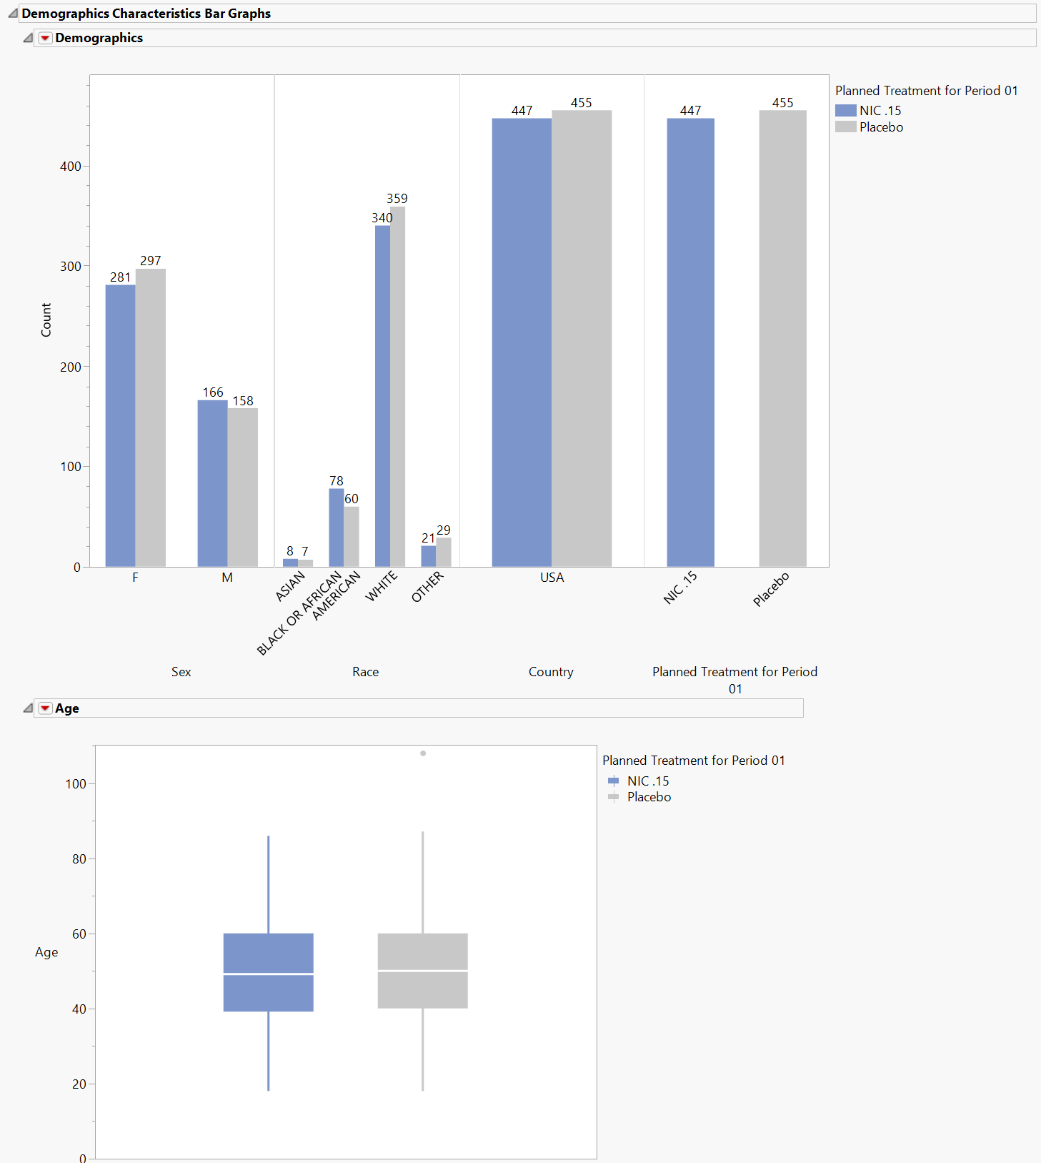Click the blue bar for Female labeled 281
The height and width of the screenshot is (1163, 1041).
click(x=120, y=425)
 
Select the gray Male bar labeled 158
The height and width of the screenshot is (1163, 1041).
click(x=243, y=488)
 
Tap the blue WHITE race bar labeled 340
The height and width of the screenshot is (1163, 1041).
click(x=382, y=396)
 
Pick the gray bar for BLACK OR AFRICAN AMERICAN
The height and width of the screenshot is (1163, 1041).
click(x=352, y=536)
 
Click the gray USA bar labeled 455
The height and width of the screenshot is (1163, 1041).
click(x=582, y=338)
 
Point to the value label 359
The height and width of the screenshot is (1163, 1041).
click(x=397, y=199)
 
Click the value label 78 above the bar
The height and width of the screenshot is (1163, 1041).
click(x=337, y=481)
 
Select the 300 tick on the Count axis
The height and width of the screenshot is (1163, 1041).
click(x=71, y=267)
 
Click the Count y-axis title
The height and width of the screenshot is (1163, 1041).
click(x=46, y=320)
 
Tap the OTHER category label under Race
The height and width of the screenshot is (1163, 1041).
click(x=427, y=587)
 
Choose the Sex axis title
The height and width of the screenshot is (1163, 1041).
click(x=181, y=672)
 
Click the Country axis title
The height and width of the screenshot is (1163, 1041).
click(x=551, y=672)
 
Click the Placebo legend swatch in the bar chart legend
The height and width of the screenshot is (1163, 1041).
click(x=846, y=127)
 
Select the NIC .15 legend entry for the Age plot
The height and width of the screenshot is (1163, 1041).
click(x=648, y=781)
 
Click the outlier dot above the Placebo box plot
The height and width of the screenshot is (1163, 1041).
click(x=423, y=753)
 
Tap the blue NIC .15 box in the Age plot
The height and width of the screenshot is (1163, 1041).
click(x=269, y=972)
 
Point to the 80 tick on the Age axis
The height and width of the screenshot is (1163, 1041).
click(x=79, y=859)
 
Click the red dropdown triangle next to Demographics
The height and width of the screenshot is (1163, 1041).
click(x=45, y=38)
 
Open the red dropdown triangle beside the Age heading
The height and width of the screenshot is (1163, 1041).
click(x=45, y=708)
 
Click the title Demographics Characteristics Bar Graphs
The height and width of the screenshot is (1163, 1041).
click(x=146, y=14)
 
